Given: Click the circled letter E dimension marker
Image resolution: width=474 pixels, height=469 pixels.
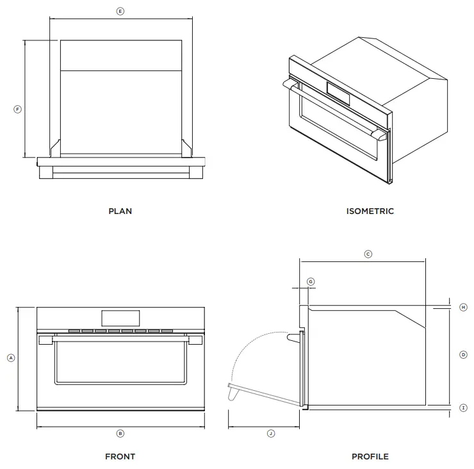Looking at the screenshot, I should pos(120,12).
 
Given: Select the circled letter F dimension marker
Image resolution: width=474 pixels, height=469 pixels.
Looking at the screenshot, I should pos(17,110).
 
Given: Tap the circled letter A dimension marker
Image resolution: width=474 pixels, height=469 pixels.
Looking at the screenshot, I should pos(11,358).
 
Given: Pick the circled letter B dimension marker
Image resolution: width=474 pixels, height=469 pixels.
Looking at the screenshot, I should pos(120,433).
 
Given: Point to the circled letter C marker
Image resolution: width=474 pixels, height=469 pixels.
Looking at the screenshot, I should pos(368,254).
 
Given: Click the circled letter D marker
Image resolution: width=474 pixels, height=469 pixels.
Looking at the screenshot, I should pos(463,354).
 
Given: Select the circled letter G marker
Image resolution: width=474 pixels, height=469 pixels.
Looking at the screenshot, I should pos(311,281).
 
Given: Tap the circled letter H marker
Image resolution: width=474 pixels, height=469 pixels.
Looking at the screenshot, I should pos(463,308).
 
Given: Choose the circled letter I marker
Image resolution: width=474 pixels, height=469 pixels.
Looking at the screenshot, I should pos(463,407).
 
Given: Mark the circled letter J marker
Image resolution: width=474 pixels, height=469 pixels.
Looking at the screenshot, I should pos(270,433).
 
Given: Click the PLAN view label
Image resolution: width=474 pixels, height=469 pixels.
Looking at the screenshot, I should pos(120,211).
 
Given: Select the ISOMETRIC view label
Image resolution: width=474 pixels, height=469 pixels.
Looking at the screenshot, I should pos(370,211).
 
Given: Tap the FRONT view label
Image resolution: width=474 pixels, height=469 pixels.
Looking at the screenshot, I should pos(120,457).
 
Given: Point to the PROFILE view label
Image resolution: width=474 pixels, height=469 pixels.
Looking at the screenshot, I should pos(370,457).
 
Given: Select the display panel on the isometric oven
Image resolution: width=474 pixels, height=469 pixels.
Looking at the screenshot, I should pos(338,94).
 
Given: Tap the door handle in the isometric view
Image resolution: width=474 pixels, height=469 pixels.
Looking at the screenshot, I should pos(333,109).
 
